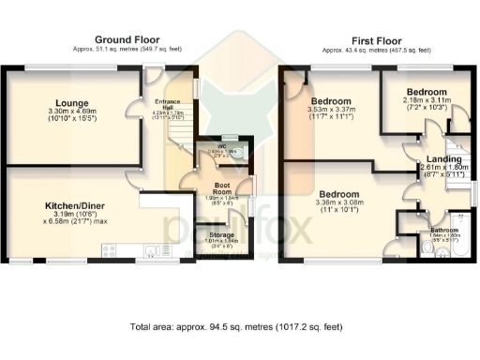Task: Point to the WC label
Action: pyautogui.click(x=221, y=146)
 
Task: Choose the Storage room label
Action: pyautogui.click(x=222, y=234)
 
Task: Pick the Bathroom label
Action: pyautogui.click(x=443, y=229)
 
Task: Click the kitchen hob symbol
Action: pyautogui.click(x=108, y=249)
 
